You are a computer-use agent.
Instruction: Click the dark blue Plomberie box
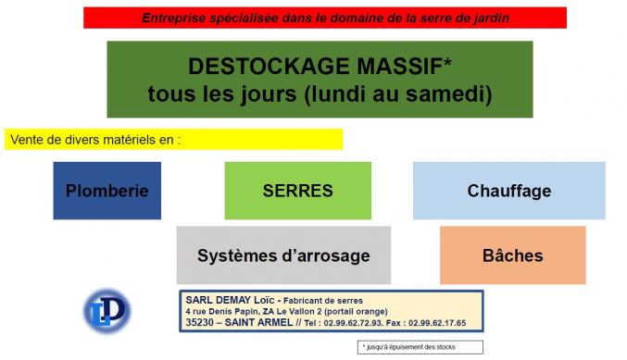[x=107, y=192]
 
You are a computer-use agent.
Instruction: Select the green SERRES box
[x=297, y=192]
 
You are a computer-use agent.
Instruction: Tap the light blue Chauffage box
[x=508, y=192]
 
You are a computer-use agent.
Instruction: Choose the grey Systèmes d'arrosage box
[x=283, y=255]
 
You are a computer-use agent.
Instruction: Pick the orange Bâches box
[x=512, y=255]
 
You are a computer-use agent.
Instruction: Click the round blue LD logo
[x=107, y=311]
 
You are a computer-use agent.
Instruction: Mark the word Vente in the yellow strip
[x=28, y=140]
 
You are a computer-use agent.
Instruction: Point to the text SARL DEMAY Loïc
[x=225, y=300]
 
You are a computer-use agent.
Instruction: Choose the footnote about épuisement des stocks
[x=408, y=347]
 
